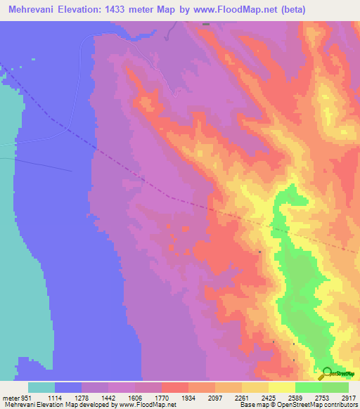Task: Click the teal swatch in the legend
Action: [x=41, y=387]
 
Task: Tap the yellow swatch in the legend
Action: [x=282, y=387]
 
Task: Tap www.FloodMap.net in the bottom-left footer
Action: [x=146, y=405]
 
